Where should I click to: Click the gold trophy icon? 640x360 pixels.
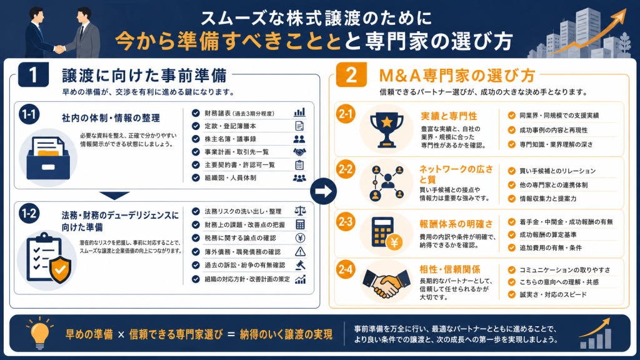click(386, 130)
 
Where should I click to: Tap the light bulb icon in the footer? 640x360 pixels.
click(39, 333)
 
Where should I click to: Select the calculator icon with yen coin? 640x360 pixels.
click(386, 233)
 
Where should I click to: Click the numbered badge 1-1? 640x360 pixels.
click(29, 114)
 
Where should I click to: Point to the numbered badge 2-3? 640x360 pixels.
click(345, 222)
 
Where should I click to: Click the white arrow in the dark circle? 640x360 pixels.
click(323, 191)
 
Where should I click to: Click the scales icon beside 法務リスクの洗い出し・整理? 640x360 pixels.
click(300, 211)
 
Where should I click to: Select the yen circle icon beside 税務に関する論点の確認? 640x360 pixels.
click(300, 238)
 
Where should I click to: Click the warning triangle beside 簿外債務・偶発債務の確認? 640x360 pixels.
click(300, 251)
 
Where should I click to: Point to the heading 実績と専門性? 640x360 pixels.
click(449, 116)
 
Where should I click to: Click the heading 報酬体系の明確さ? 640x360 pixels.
click(456, 224)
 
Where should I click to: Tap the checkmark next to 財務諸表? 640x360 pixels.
click(196, 113)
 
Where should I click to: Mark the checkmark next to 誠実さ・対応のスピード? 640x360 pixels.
click(511, 295)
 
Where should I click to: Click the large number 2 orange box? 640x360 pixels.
click(351, 75)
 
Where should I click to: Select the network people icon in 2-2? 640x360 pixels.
click(386, 183)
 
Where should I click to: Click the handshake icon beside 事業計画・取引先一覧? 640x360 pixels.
click(299, 152)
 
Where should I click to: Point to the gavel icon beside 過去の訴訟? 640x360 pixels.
click(301, 265)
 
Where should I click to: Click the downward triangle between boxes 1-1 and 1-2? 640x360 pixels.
click(114, 196)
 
